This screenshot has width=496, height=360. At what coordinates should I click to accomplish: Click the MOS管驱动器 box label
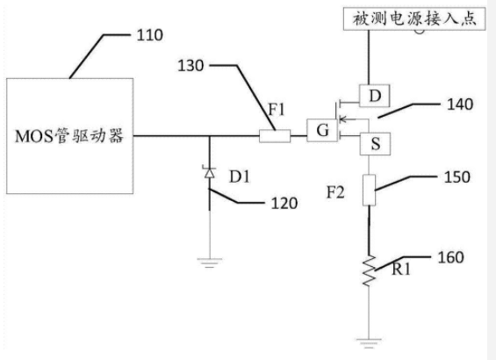[x=69, y=136]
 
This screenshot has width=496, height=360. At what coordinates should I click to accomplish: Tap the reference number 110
[x=149, y=35]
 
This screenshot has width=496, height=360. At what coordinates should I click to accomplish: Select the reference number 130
[x=190, y=66]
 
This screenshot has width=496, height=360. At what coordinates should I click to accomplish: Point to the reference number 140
[x=460, y=104]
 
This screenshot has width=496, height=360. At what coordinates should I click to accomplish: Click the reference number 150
[x=457, y=177]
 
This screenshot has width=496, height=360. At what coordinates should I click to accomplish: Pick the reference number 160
[x=450, y=257]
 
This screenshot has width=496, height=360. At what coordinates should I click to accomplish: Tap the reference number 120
[x=284, y=204]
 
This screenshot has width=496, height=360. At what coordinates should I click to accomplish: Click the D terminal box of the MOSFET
[x=375, y=96]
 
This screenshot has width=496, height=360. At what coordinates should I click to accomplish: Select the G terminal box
[x=322, y=130]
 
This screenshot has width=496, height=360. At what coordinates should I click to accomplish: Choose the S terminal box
[x=375, y=144]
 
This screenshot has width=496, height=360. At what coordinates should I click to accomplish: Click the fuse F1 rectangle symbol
[x=275, y=136]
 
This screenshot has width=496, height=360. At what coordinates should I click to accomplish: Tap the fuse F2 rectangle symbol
[x=369, y=190]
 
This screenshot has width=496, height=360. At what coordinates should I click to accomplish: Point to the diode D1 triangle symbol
[x=209, y=172]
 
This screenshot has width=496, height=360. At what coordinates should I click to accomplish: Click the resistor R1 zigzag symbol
[x=369, y=270]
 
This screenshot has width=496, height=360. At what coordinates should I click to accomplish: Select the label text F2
[x=335, y=192]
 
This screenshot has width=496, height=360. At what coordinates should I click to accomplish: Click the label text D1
[x=240, y=176]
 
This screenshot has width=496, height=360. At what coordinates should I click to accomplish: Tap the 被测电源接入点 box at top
[x=414, y=18]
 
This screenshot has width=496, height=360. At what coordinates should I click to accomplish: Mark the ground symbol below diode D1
[x=210, y=263]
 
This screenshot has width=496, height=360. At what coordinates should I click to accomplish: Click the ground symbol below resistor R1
[x=369, y=343]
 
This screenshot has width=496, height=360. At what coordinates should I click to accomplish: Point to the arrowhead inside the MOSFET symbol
[x=342, y=119]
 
